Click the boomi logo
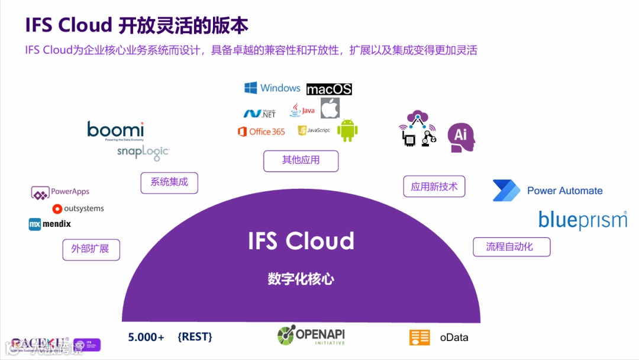[115, 131]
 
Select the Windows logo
[273, 88]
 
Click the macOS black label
[329, 89]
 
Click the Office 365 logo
[261, 131]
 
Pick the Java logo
[302, 110]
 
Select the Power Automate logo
[547, 191]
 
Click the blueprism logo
[582, 220]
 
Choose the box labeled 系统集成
[169, 182]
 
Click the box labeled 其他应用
[301, 160]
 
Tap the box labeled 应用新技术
[434, 187]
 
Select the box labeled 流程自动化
[511, 247]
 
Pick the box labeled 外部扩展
[91, 249]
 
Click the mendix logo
[50, 224]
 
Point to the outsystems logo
[78, 208]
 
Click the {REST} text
[195, 337]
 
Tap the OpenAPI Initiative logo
[311, 336]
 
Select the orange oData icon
[419, 337]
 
